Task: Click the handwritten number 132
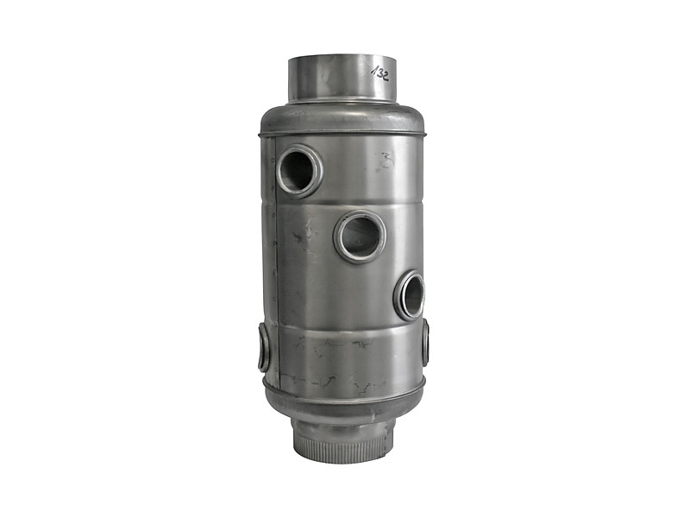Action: click(379, 73)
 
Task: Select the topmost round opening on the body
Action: click(299, 169)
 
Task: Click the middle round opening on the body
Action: click(361, 234)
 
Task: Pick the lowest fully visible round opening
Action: click(410, 294)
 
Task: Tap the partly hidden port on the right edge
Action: click(425, 342)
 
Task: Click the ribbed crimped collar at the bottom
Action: click(342, 443)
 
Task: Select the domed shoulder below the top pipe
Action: click(343, 117)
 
